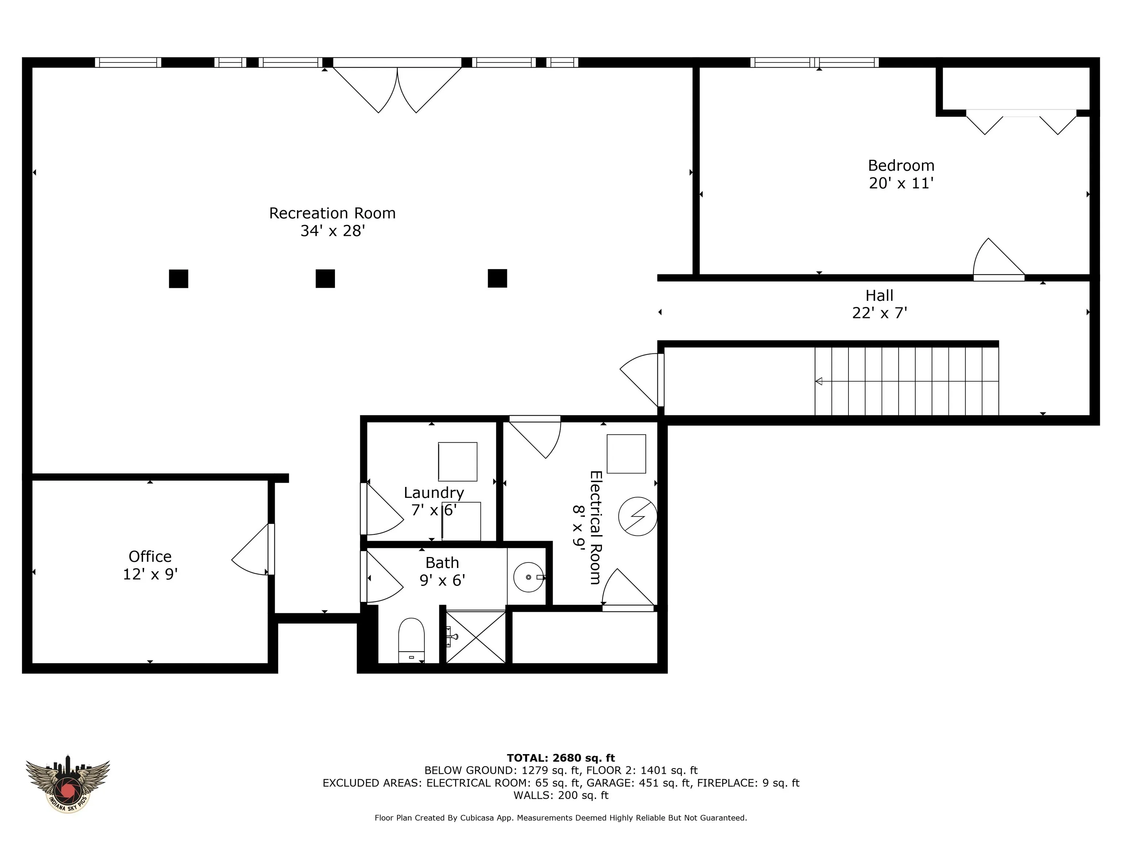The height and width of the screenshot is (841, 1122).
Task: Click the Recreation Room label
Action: coord(332,213)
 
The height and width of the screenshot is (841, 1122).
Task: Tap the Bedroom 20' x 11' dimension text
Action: coord(901,183)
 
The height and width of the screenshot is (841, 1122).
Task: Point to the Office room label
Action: coord(150,557)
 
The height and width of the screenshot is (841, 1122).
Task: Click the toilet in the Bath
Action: coord(411,640)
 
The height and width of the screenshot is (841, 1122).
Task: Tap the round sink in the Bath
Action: coord(529,577)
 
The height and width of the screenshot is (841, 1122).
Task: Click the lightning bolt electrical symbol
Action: coord(638,516)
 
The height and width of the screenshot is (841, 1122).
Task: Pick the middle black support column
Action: coord(325,278)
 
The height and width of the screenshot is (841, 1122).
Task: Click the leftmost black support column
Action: coord(179,278)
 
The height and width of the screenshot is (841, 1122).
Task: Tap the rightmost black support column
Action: coord(497,278)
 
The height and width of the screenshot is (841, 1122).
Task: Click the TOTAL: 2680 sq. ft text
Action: coord(561,758)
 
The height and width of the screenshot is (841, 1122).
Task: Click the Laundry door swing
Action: coord(381,508)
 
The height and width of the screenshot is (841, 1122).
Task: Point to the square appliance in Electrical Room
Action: coord(626,454)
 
